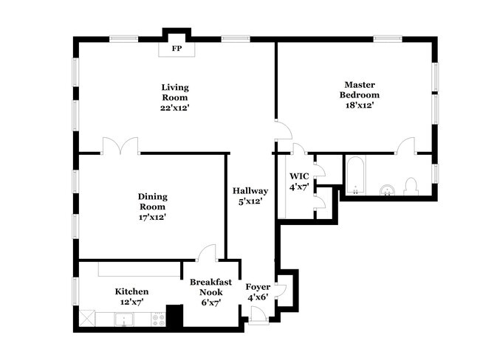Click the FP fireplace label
[176, 49]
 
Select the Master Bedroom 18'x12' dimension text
[359, 105]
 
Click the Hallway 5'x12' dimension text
[250, 201]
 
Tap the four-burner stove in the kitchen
[157, 319]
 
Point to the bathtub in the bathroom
[355, 178]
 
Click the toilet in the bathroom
[412, 187]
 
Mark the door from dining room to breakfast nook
[207, 252]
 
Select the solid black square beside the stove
[174, 316]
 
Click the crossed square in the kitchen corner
[87, 319]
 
